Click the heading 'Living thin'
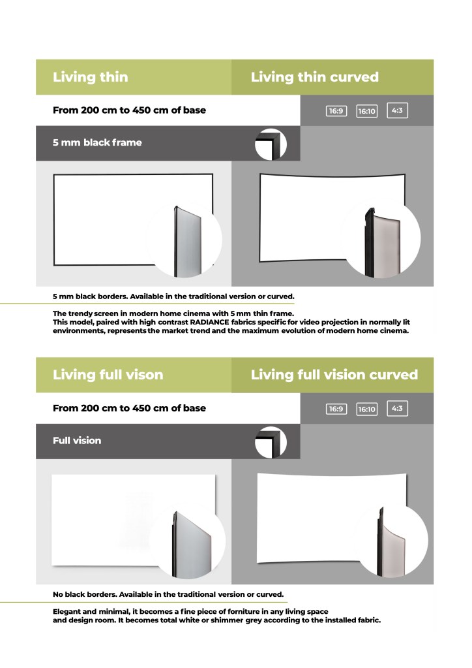[x=90, y=77]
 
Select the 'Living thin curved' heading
[x=315, y=77]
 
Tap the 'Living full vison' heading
[x=108, y=375]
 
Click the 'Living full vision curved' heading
[x=334, y=375]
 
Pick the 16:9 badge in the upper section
[x=336, y=111]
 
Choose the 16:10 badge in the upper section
[x=366, y=111]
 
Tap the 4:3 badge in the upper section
[x=397, y=110]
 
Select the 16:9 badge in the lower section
[x=336, y=409]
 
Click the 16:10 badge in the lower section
[x=366, y=409]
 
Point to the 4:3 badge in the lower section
[x=397, y=408]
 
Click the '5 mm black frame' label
[x=97, y=143]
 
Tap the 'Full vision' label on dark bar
[x=77, y=441]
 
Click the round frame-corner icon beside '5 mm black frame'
[x=271, y=144]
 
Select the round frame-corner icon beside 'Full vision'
[x=271, y=442]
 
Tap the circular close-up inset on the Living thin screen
[x=185, y=240]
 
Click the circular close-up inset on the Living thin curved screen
[x=383, y=238]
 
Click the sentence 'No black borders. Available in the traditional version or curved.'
[x=168, y=594]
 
